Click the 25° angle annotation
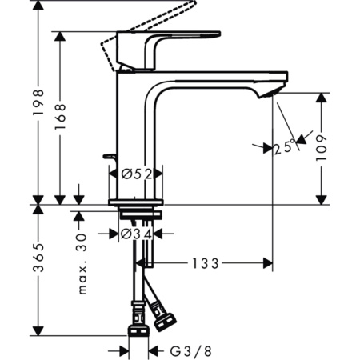(x=282, y=147)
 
